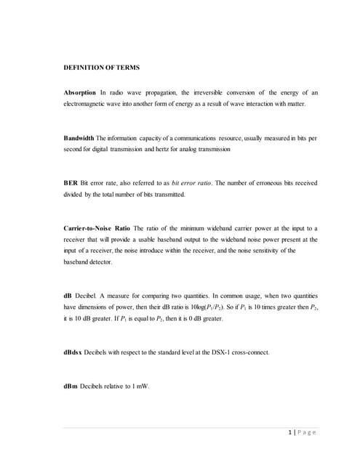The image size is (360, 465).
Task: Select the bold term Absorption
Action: coord(79,93)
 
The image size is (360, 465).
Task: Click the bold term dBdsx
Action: coord(75,352)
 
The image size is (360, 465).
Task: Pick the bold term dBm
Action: coord(72,386)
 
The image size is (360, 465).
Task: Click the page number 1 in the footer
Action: coord(292,433)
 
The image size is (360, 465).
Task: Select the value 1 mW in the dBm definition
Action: coord(140,386)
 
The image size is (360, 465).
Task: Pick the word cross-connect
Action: coord(249,352)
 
